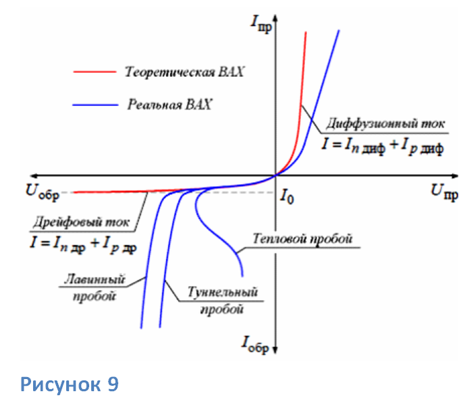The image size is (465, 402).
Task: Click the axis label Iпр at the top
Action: (260, 25)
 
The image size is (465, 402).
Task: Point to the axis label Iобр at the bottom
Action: (254, 345)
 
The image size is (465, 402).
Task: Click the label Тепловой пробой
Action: (303, 239)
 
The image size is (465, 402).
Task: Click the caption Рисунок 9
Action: (70, 384)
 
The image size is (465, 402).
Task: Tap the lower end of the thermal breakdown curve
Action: (242, 275)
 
